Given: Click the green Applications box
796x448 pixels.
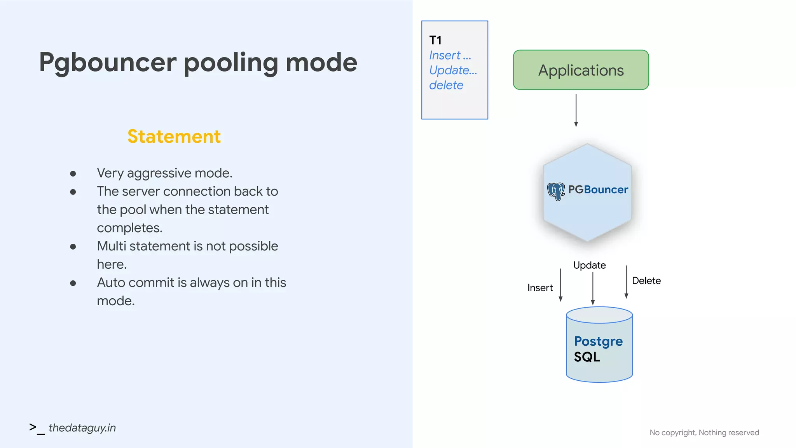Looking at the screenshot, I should [x=581, y=70].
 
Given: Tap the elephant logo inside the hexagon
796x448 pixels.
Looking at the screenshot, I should [x=556, y=191].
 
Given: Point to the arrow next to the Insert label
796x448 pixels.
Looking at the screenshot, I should [x=560, y=285].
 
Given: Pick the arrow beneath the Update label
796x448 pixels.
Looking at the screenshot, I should [x=593, y=289].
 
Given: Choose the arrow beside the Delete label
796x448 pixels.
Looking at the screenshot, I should [x=626, y=282].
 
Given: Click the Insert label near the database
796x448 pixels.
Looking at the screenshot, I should [x=540, y=288].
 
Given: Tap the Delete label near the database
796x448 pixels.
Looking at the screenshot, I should [x=646, y=281].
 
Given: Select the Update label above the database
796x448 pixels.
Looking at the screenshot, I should [x=589, y=265].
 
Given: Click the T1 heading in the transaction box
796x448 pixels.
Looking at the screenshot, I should [x=435, y=40].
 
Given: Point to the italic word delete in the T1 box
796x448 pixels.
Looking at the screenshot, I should [x=446, y=85].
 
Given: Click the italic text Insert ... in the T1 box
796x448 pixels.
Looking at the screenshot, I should [x=450, y=56].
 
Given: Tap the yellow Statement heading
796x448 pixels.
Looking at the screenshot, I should [x=174, y=136].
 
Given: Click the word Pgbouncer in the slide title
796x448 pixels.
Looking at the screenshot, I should [x=108, y=63].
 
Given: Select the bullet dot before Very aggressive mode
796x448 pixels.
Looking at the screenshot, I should [x=73, y=173].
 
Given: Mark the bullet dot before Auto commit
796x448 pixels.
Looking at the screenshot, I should [x=73, y=283].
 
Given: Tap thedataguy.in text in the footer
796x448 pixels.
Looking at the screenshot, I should [x=82, y=428].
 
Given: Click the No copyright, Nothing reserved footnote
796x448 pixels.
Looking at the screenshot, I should [x=704, y=432].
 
